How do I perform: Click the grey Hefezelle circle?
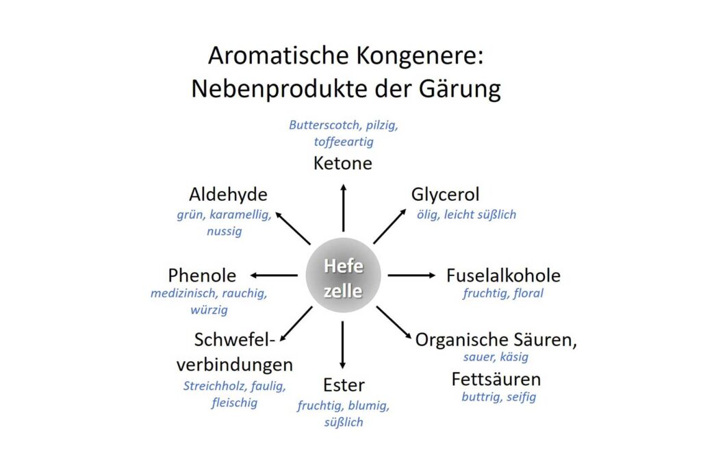pyautogui.click(x=343, y=275)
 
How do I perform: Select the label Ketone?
pyautogui.click(x=343, y=163)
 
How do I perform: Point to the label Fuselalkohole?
pyautogui.click(x=503, y=275)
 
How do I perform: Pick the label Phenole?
pyautogui.click(x=202, y=275)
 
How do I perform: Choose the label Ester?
pyautogui.click(x=344, y=385)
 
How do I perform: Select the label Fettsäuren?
pyautogui.click(x=496, y=380)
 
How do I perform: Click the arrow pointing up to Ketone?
pyautogui.click(x=344, y=208)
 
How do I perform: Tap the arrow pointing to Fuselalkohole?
pyautogui.click(x=411, y=275)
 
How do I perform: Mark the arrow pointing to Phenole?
pyautogui.click(x=274, y=275)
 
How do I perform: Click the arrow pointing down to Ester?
pyautogui.click(x=342, y=345)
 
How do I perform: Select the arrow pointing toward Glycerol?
pyautogui.click(x=390, y=226)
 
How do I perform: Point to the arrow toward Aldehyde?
pyautogui.click(x=293, y=228)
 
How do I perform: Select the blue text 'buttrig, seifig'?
pyautogui.click(x=498, y=397)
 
